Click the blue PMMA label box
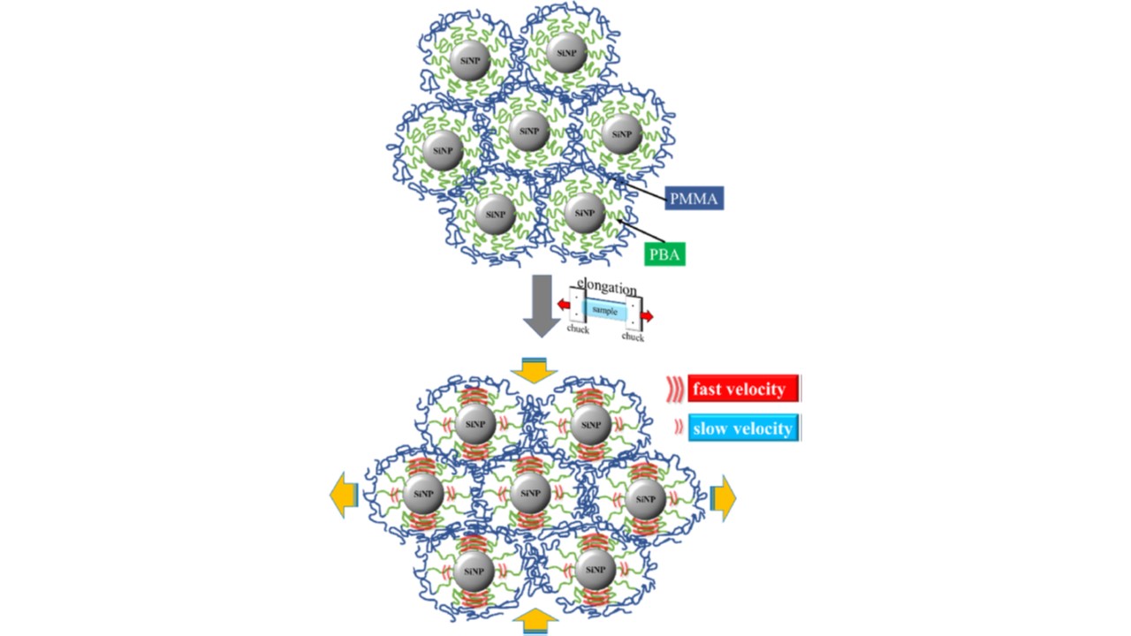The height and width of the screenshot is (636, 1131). pos(695,198)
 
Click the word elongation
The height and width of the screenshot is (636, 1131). pos(607,288)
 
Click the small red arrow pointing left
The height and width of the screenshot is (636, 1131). pos(563,306)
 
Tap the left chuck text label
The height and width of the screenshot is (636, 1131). pos(577,329)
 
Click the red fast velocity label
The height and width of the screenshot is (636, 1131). pos(743,389)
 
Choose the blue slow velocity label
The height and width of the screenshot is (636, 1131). pos(743,428)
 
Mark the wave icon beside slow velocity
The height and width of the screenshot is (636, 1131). pos(678,428)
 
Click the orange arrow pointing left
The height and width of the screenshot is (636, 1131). pos(343,496)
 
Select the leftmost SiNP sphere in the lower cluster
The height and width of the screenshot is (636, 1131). pos(423,495)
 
